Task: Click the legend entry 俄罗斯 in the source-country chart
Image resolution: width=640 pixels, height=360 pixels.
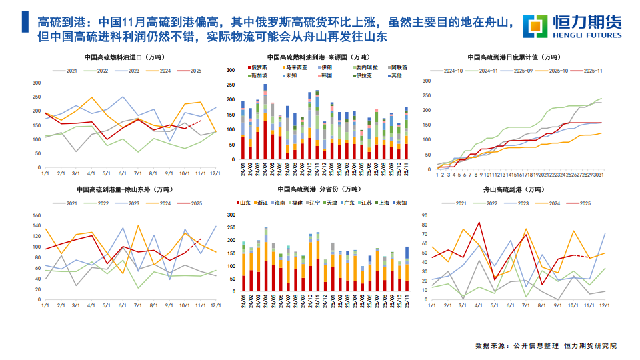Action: point(259,67)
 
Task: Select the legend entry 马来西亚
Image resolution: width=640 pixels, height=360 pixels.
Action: point(297,67)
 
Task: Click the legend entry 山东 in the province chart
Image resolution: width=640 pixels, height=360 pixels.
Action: point(245,201)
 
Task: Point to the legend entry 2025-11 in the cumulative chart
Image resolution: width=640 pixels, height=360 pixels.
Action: point(591,70)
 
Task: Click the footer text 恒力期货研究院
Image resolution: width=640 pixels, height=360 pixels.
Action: point(590,346)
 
